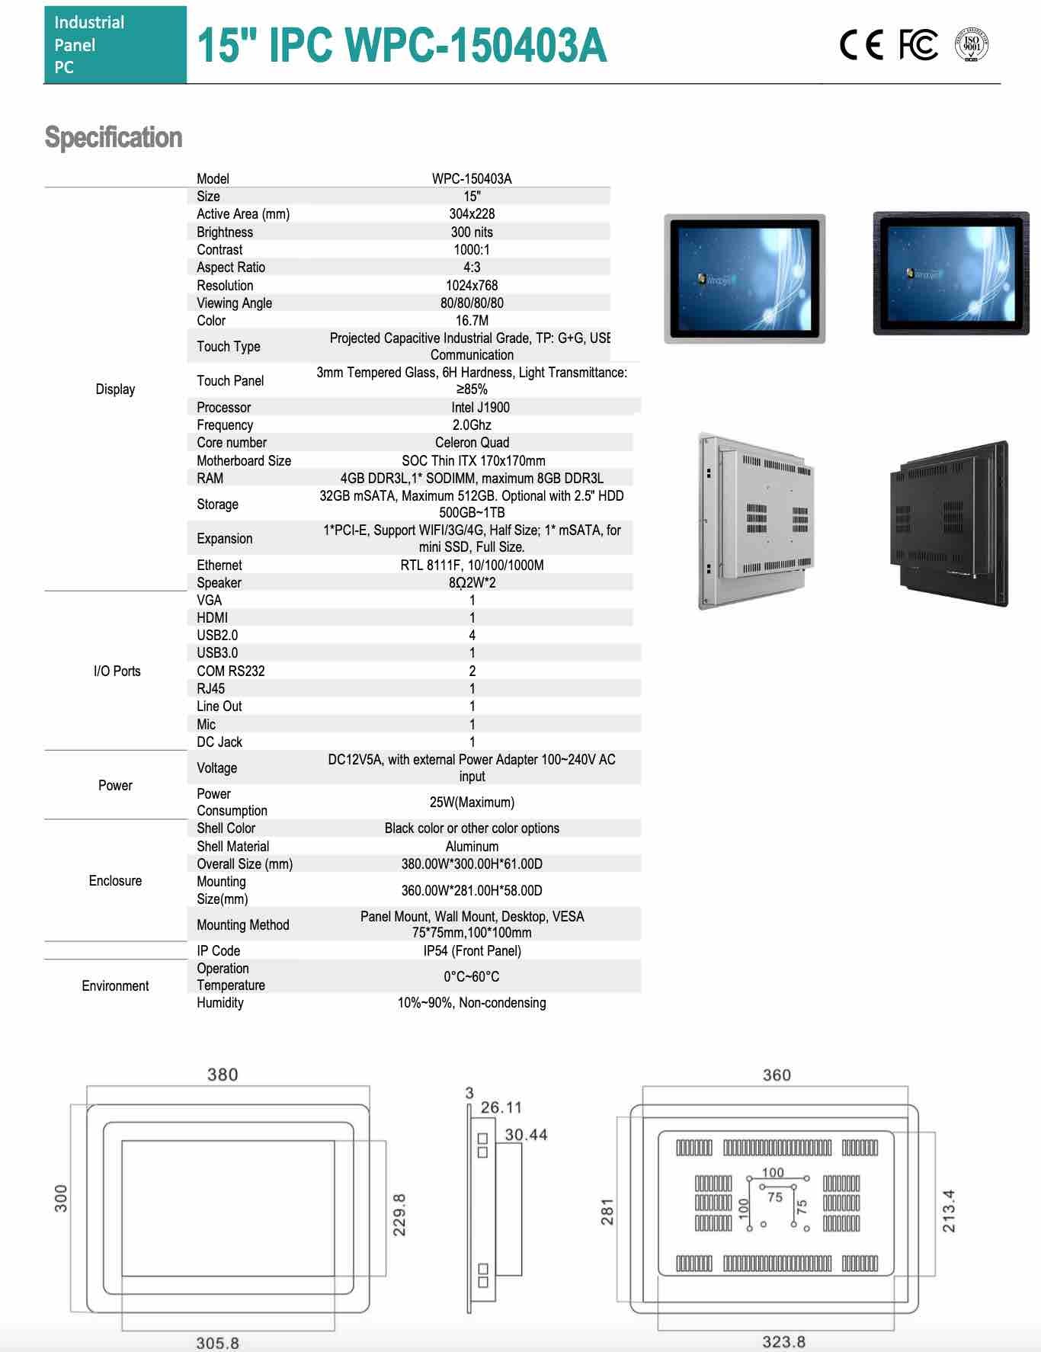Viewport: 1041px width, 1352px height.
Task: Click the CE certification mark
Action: click(861, 45)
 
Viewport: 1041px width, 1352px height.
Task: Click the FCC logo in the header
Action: click(918, 45)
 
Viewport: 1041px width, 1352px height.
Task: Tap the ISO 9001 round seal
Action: click(972, 45)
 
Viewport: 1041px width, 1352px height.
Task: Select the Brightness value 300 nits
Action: click(472, 232)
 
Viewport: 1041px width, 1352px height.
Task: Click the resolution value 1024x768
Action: click(472, 285)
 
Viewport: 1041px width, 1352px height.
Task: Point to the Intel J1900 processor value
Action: click(480, 407)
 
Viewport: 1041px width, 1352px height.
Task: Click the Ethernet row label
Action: click(219, 565)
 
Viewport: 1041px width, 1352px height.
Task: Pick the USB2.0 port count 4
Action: click(472, 635)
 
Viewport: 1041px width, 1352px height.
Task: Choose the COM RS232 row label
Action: click(231, 671)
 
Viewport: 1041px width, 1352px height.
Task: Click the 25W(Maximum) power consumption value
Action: click(472, 802)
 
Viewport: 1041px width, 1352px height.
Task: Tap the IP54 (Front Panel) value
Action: click(472, 950)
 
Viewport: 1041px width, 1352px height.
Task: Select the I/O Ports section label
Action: click(117, 671)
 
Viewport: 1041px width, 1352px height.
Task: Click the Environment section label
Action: click(115, 985)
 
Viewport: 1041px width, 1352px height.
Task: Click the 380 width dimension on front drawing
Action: click(223, 1075)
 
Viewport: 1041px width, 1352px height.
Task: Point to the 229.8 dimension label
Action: click(399, 1215)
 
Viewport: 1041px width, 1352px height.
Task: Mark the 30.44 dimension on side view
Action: click(526, 1134)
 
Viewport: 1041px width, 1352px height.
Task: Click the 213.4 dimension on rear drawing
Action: click(949, 1211)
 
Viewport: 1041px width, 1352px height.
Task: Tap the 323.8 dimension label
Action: click(783, 1341)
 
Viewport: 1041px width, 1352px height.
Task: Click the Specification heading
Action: click(114, 137)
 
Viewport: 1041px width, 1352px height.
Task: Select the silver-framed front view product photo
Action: click(745, 278)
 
